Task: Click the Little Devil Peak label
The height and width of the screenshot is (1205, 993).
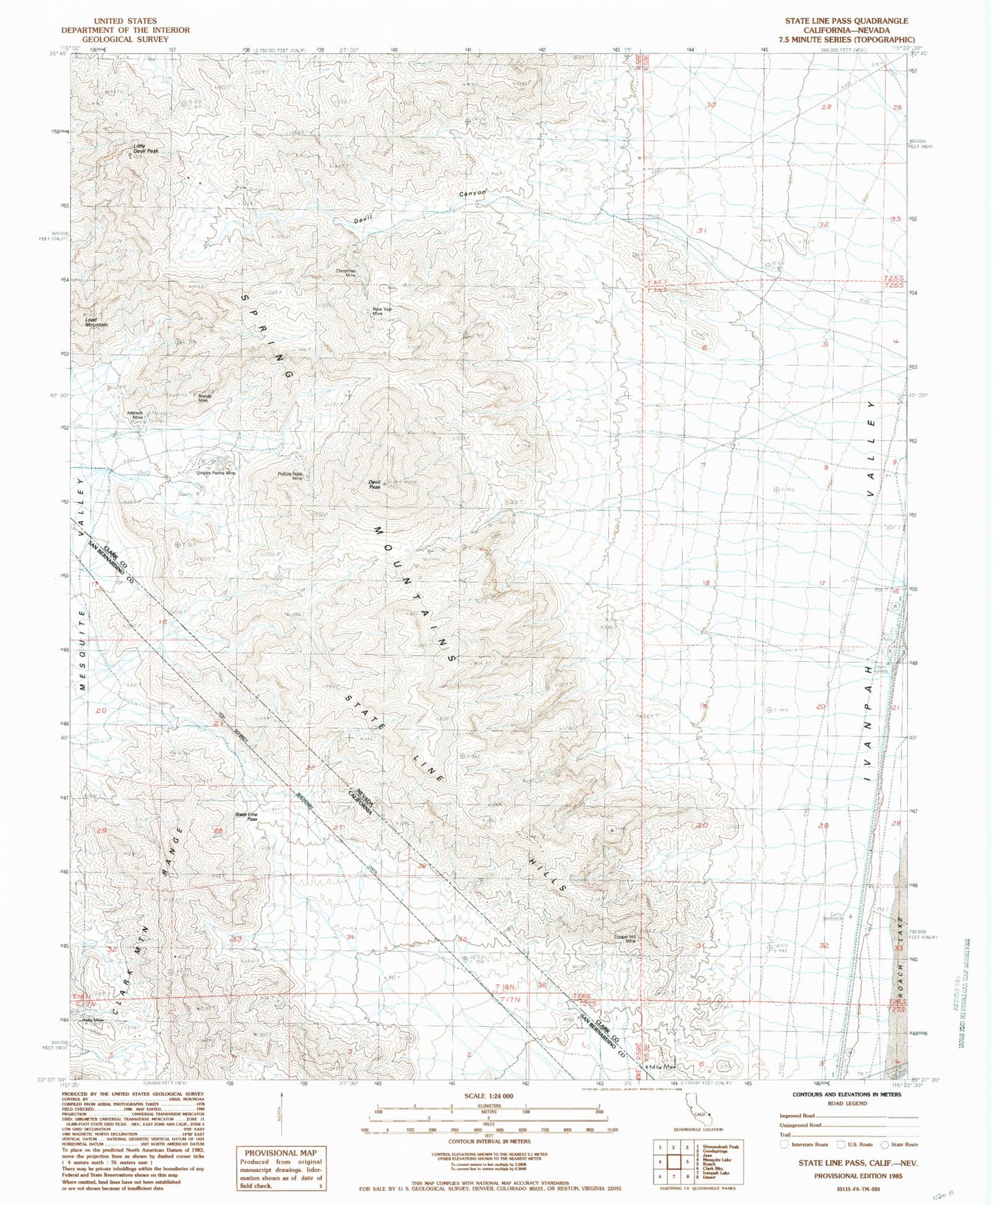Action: tap(146, 148)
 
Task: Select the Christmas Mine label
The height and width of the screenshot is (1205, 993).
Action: tap(346, 272)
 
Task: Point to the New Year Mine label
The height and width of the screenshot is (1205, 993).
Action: tap(383, 311)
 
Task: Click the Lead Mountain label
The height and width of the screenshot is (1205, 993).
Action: tap(96, 322)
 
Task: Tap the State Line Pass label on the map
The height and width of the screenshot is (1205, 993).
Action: tap(246, 817)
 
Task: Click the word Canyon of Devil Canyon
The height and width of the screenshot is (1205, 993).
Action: tap(473, 194)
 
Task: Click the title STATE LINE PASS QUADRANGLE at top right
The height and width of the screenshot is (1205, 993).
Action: tap(846, 21)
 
